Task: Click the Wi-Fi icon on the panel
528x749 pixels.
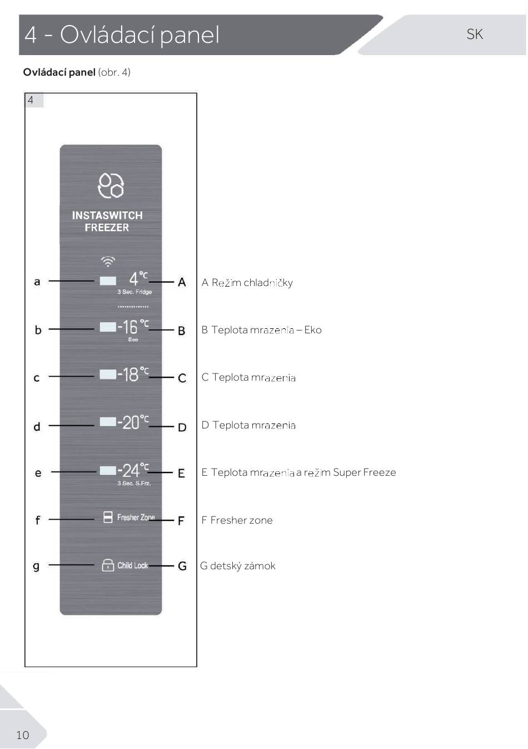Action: pos(108,262)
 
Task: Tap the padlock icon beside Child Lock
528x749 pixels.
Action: pos(108,565)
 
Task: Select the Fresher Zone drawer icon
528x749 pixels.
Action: pos(108,517)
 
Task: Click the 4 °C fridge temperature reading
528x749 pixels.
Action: pos(138,279)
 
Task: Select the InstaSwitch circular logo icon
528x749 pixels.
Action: pos(111,185)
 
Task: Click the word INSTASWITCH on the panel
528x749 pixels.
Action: pos(107,215)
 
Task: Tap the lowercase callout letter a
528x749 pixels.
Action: pos(37,282)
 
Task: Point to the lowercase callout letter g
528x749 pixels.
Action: pos(36,566)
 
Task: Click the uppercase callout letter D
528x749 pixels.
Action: pos(182,427)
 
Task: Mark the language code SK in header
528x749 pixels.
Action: pos(475,34)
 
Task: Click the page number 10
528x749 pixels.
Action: pos(23,735)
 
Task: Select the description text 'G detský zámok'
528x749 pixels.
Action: pos(238,566)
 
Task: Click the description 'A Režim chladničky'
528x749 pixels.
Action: pos(247,283)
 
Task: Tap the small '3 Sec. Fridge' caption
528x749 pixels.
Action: pos(135,292)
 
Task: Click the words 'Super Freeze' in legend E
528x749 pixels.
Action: pos(365,472)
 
